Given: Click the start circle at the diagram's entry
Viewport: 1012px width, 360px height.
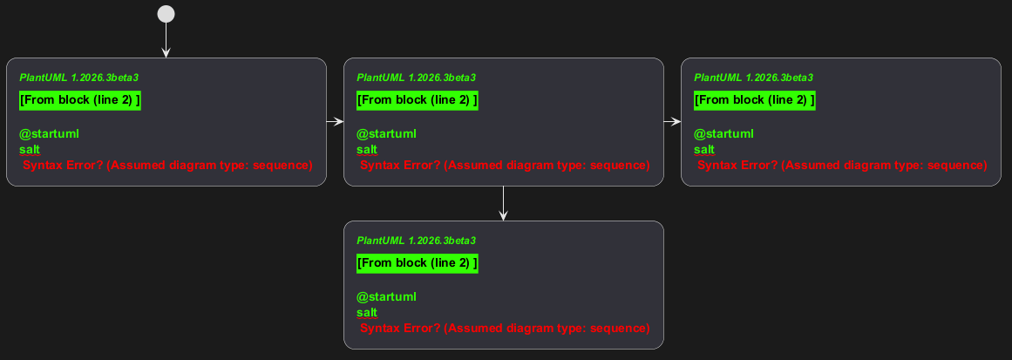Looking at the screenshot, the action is (x=166, y=14).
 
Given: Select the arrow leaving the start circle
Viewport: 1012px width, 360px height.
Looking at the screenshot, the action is (x=166, y=41).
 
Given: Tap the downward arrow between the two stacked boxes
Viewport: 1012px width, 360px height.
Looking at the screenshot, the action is (x=504, y=203).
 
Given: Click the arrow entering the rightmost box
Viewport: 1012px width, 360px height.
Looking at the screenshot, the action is (x=672, y=121).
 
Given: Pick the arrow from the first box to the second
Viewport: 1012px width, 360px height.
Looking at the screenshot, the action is (x=335, y=121).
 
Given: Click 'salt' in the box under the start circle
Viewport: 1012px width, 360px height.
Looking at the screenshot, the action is (x=30, y=150).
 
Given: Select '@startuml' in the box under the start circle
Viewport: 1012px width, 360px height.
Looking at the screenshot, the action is (x=49, y=134).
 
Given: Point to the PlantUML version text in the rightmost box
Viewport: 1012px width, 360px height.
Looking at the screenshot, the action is (x=753, y=78).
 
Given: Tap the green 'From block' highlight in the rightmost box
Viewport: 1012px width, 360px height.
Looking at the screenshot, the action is (x=755, y=100).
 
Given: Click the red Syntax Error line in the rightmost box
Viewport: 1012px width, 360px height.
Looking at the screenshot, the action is (x=842, y=165).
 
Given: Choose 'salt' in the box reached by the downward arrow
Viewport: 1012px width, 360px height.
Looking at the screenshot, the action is (x=367, y=313).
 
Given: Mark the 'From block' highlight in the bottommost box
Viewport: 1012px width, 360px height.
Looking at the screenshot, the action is (x=418, y=263).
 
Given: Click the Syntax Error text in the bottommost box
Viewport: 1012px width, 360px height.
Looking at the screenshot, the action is (x=505, y=329).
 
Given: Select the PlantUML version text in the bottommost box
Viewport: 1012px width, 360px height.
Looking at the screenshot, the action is (x=417, y=241).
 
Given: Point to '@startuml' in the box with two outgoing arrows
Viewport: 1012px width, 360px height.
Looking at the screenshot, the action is (x=387, y=134).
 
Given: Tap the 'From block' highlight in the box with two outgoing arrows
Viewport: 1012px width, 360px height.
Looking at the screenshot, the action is (x=418, y=100).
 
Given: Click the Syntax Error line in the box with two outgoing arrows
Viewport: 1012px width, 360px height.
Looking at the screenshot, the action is (x=505, y=165).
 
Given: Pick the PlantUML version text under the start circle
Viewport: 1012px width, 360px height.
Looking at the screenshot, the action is (x=78, y=78).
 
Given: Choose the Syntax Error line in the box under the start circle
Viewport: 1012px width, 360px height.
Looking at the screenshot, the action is (x=168, y=165).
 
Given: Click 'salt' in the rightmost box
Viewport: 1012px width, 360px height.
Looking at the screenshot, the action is (x=704, y=150).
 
